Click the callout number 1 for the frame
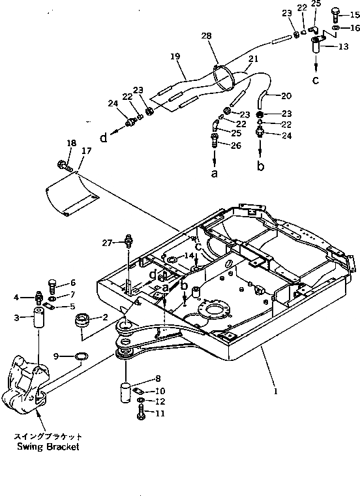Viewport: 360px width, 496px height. point(276,392)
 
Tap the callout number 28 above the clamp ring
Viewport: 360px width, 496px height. point(206,36)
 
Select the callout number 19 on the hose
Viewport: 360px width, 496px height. point(175,56)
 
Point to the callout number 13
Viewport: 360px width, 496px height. point(343,47)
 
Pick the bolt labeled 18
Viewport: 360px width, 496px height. point(63,165)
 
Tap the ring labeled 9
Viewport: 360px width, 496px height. point(82,356)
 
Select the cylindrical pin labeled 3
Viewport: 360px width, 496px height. point(38,318)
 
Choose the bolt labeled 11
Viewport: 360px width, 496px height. point(141,414)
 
